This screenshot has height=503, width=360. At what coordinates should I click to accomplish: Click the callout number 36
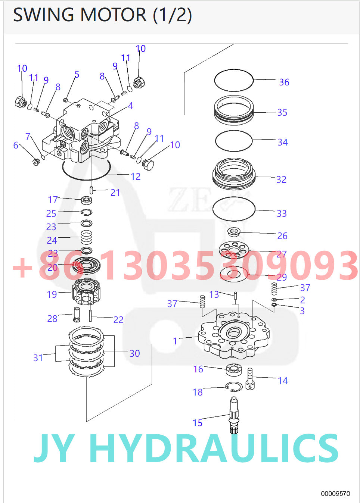click(x=284, y=82)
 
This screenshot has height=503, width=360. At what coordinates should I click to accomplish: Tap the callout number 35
click(x=282, y=112)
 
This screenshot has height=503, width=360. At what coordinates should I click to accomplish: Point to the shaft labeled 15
click(x=234, y=415)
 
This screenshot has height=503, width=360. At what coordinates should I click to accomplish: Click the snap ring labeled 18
click(x=234, y=387)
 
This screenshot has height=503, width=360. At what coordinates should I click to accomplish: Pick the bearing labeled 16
click(x=234, y=370)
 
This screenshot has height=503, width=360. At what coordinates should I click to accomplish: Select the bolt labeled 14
click(x=250, y=379)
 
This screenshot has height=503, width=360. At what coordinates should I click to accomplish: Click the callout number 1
click(x=175, y=341)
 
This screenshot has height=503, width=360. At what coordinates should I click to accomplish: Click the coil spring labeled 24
click(x=87, y=237)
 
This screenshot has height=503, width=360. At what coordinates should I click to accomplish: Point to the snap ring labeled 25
click(x=87, y=212)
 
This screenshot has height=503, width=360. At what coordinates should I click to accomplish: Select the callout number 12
click(x=136, y=176)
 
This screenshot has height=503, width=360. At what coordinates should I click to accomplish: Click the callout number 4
click(x=130, y=106)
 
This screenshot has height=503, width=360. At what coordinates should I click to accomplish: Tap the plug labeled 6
click(x=36, y=162)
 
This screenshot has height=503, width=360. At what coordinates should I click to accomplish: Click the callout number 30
click(x=134, y=353)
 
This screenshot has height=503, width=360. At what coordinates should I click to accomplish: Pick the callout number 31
click(x=38, y=358)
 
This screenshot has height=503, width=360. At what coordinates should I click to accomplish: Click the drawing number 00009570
click(x=335, y=494)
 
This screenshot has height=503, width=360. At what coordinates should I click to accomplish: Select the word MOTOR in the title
click(x=114, y=15)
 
